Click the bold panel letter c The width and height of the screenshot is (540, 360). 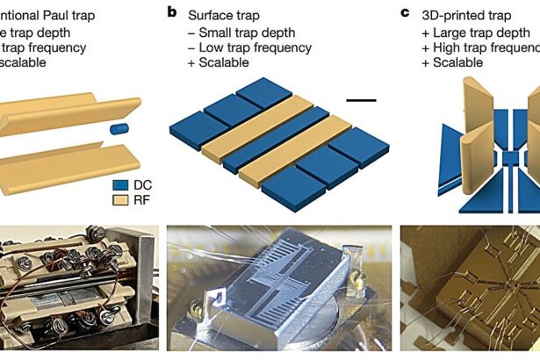coord(405,13)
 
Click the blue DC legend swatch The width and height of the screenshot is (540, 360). coord(122,186)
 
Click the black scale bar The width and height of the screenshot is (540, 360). coord(361,101)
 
